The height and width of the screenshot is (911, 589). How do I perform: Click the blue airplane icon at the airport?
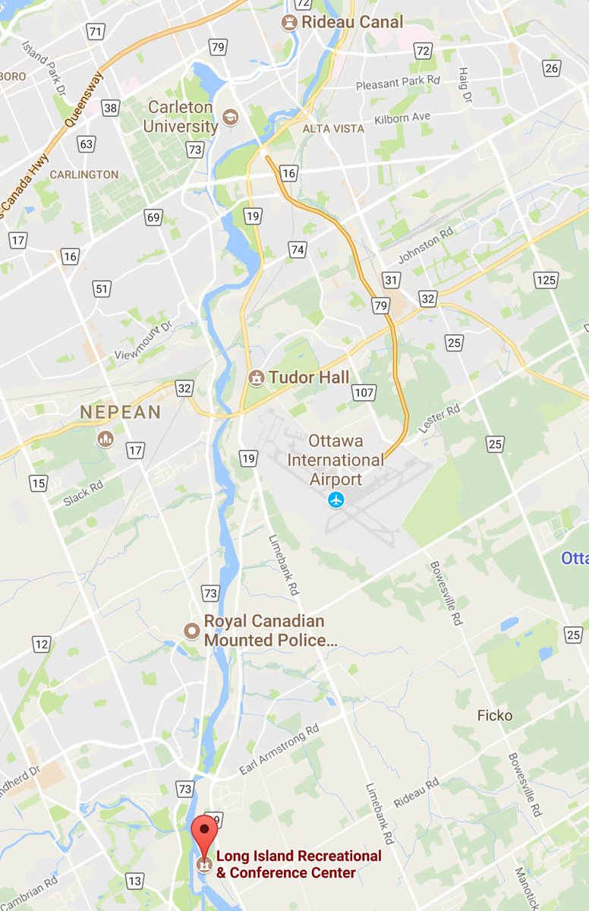coord(335,500)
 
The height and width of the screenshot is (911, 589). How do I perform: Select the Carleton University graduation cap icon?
coord(230,117)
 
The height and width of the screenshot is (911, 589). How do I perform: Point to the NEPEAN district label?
coord(121,412)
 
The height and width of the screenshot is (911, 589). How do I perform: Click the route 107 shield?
coord(364,392)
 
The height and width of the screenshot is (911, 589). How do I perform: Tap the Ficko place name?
coord(495,715)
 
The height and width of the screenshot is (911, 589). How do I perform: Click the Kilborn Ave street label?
coord(402,118)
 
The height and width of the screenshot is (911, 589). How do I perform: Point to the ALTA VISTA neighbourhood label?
coord(333,128)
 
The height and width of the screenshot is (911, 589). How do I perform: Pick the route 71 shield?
coord(96,32)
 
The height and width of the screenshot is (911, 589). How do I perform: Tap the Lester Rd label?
coord(439,419)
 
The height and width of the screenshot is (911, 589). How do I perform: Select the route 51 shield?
coord(102,288)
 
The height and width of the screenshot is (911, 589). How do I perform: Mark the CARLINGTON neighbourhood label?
coord(84,174)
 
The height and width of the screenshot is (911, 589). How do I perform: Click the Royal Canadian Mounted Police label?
coord(270,631)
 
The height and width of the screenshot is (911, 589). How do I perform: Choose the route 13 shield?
coord(134,881)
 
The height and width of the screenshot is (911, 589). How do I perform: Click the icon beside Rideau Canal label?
coord(289,23)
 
